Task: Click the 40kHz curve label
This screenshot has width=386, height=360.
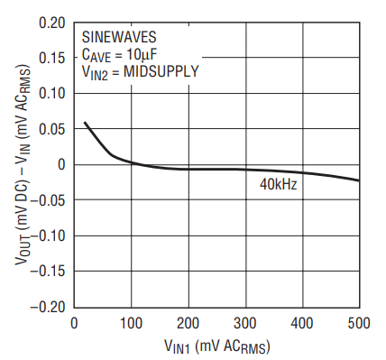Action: (x=278, y=184)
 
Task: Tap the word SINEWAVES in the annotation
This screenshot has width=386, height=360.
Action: (x=119, y=37)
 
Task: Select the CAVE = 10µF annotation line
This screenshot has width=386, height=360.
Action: (x=120, y=55)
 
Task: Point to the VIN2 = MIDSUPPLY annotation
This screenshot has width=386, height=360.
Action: (x=141, y=72)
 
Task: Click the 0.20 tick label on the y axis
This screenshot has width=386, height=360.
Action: (x=51, y=23)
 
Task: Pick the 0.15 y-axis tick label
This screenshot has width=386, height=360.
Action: (x=51, y=58)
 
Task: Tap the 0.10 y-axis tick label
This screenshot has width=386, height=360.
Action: (x=51, y=93)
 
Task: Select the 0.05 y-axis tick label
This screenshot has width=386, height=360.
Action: (x=51, y=129)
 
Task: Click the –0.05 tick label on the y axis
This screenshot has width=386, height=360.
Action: (x=48, y=200)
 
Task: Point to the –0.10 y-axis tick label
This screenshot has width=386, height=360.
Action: (x=48, y=236)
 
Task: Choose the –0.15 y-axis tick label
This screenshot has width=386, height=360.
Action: (x=48, y=272)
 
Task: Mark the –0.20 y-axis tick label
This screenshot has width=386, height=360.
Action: (x=48, y=307)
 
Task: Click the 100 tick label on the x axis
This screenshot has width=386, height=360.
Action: (x=131, y=324)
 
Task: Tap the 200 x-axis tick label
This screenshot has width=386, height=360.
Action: (x=188, y=324)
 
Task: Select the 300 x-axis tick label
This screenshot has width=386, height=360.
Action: (x=245, y=324)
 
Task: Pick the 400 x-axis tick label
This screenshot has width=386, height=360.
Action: (x=302, y=324)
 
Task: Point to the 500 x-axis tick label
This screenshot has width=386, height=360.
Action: (x=359, y=324)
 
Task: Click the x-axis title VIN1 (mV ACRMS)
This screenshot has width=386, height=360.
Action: (x=217, y=346)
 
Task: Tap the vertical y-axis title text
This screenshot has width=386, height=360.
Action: (x=23, y=165)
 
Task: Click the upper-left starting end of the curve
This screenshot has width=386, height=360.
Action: (x=85, y=122)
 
